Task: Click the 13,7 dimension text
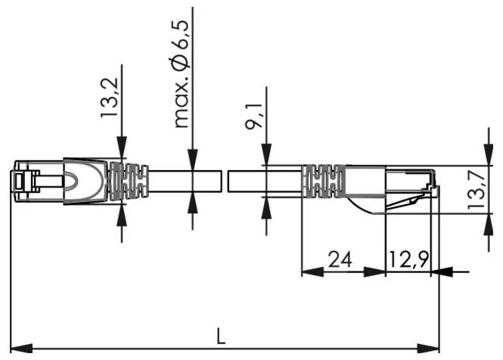(x=476, y=189)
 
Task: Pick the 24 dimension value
(x=339, y=259)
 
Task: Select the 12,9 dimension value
(x=408, y=259)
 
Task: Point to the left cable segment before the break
(x=185, y=182)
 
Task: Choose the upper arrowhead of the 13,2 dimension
(x=121, y=151)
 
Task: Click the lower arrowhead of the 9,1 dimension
(x=265, y=206)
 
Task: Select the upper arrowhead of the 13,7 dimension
(x=485, y=156)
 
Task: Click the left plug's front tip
(x=15, y=182)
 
